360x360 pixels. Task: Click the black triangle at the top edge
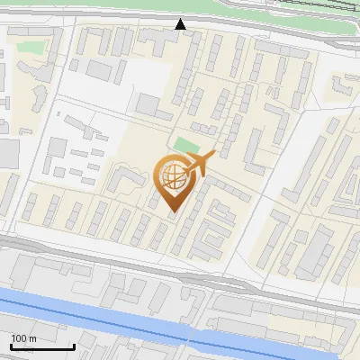point(181,24)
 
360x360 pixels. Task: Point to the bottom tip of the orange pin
point(172,212)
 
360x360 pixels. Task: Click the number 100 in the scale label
point(19,339)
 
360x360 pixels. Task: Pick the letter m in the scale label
point(32,339)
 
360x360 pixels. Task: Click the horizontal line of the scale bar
point(41,347)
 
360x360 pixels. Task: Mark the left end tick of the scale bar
point(10,346)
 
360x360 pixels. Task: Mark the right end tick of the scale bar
point(74,346)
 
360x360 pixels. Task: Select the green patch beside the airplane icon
point(186,145)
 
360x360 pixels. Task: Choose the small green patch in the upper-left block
point(31,46)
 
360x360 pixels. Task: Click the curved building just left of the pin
point(126,179)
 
